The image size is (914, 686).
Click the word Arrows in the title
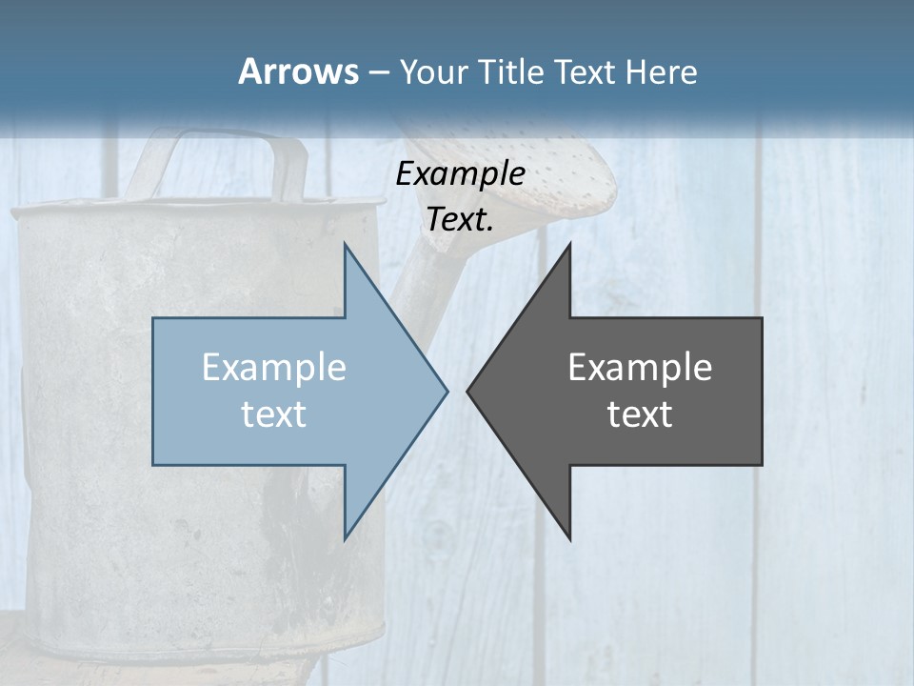[x=298, y=71]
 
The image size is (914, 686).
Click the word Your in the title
[x=432, y=71]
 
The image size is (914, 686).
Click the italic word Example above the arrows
[x=460, y=173]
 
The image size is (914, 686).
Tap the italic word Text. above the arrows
[x=460, y=220]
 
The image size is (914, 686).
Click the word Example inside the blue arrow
[x=274, y=368]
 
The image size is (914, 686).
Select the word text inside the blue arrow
[x=274, y=414]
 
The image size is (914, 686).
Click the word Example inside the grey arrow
[x=640, y=368]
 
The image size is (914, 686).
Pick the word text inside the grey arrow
[x=640, y=414]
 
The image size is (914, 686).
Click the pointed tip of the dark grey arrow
[x=468, y=391]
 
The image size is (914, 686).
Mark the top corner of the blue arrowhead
[x=345, y=244]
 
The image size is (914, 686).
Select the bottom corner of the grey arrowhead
[x=569, y=539]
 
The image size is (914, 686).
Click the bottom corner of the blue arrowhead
[x=345, y=539]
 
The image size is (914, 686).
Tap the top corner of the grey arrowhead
[x=569, y=244]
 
